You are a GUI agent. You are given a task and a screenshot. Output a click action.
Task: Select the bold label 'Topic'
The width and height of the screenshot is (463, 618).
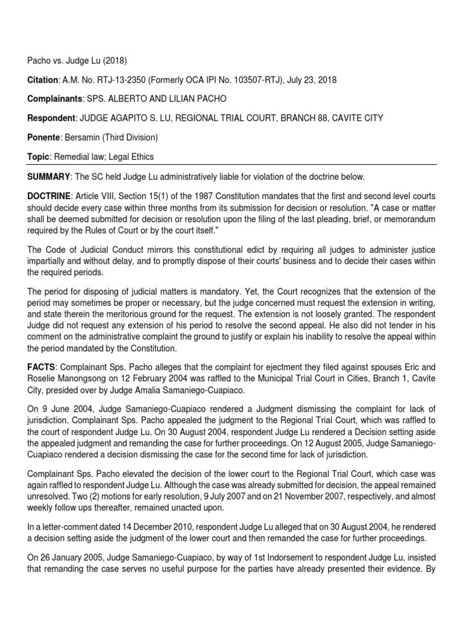[37, 157]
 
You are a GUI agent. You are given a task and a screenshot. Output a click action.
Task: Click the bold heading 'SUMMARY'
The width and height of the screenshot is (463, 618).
[48, 176]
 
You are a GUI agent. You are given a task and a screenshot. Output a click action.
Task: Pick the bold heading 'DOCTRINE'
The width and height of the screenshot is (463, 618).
[49, 196]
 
